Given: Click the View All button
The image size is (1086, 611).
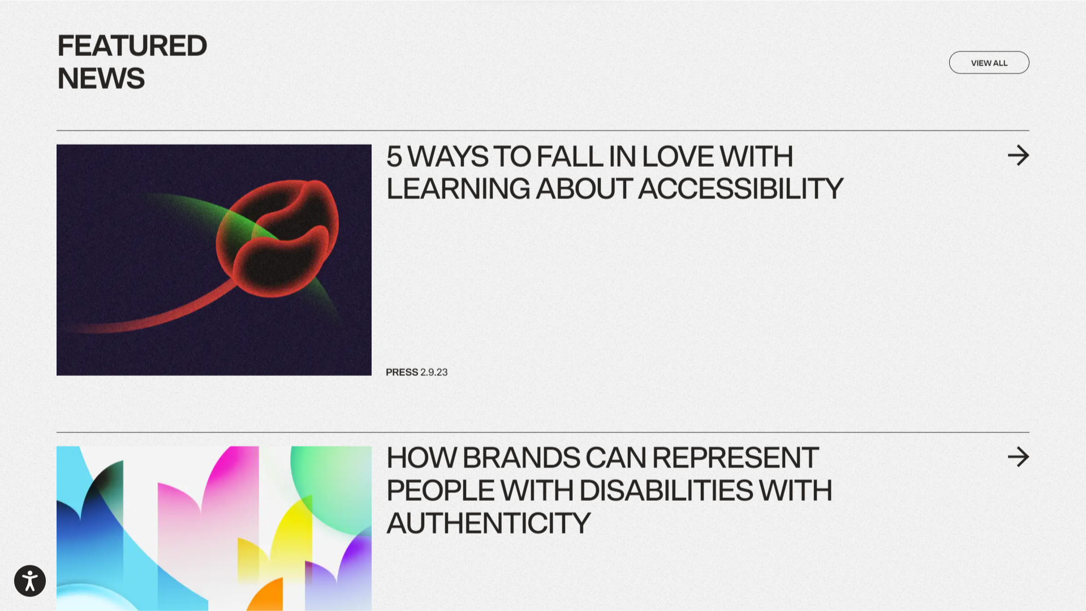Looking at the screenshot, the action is [989, 63].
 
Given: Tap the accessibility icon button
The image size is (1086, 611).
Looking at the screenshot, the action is [30, 580].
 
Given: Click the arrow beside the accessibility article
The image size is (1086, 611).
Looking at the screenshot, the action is [1018, 155].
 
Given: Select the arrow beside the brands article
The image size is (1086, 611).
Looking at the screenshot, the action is [1018, 457].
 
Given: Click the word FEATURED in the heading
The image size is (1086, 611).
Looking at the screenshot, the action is [132, 46].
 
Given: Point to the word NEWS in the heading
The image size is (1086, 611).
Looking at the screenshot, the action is [101, 79].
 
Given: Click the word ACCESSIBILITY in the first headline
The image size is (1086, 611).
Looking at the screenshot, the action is [740, 189].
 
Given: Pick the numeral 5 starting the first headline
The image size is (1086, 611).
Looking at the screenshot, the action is [394, 157].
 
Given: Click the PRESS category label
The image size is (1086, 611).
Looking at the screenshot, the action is [402, 372].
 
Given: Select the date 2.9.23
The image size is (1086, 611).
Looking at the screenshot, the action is [434, 372].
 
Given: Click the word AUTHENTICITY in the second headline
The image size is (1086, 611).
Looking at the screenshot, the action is [489, 523].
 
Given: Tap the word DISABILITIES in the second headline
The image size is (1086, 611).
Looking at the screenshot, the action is [666, 491].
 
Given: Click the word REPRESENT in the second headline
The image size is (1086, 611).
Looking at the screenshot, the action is [735, 458].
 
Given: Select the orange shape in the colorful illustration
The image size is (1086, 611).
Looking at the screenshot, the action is [266, 596].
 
